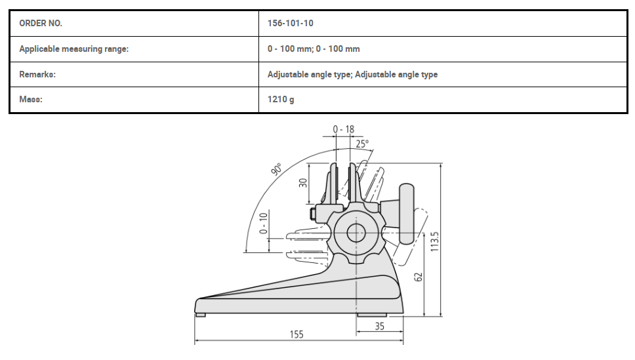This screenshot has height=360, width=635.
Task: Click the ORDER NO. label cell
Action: pyautogui.click(x=41, y=24)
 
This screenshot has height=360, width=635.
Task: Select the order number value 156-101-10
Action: pyautogui.click(x=291, y=24)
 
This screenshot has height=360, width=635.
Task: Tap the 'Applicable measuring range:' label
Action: pyautogui.click(x=73, y=49)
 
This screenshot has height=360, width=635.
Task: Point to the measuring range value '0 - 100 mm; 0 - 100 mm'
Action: pyautogui.click(x=314, y=49)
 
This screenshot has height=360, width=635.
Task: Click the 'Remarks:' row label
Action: pyautogui.click(x=37, y=75)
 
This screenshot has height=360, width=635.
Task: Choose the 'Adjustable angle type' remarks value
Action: pyautogui.click(x=352, y=75)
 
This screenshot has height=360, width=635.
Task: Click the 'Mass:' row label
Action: pyautogui.click(x=31, y=99)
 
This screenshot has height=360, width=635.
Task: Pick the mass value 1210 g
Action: pyautogui.click(x=281, y=100)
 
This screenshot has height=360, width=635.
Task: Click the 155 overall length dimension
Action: pyautogui.click(x=297, y=334)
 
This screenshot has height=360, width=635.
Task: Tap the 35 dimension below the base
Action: pyautogui.click(x=379, y=326)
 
